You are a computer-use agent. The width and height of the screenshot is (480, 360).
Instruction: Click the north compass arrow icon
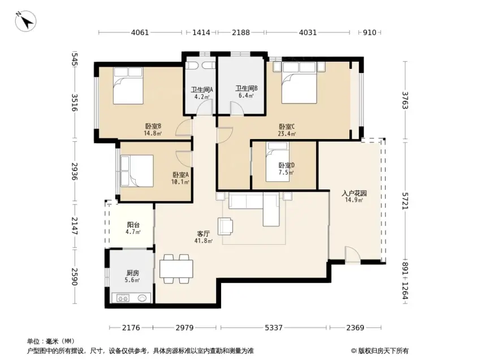point(26,21)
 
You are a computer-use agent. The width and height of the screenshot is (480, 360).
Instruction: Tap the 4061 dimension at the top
point(140,32)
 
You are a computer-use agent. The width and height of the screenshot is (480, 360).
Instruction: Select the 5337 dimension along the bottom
point(274,328)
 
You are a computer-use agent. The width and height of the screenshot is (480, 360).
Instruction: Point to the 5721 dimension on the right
point(405,201)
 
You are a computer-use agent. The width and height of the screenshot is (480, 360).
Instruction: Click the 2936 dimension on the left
point(75,171)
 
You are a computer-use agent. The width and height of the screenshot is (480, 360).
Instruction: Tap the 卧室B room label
point(153,126)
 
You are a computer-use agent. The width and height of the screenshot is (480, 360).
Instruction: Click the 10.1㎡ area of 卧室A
point(180,182)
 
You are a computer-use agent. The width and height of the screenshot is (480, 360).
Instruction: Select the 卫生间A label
point(202,90)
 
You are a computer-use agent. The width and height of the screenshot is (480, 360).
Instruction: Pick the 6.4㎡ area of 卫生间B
point(246,96)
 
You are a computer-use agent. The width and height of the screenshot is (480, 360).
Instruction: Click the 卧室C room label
point(287,127)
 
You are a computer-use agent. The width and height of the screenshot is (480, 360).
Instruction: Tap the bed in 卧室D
point(278,162)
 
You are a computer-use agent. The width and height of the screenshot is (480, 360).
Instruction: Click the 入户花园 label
point(354,193)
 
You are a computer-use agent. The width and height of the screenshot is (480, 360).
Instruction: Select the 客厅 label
point(204,234)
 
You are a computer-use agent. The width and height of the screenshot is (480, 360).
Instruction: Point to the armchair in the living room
point(225,226)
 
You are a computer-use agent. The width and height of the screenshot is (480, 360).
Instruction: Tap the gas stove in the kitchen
point(123,298)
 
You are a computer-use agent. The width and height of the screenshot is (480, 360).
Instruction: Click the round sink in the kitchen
point(142,298)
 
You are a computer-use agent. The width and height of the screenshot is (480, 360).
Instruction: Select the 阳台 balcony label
point(133,225)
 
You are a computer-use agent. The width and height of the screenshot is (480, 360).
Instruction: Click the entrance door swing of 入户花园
point(353,254)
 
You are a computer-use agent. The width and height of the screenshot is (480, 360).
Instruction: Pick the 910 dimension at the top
point(370,32)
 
